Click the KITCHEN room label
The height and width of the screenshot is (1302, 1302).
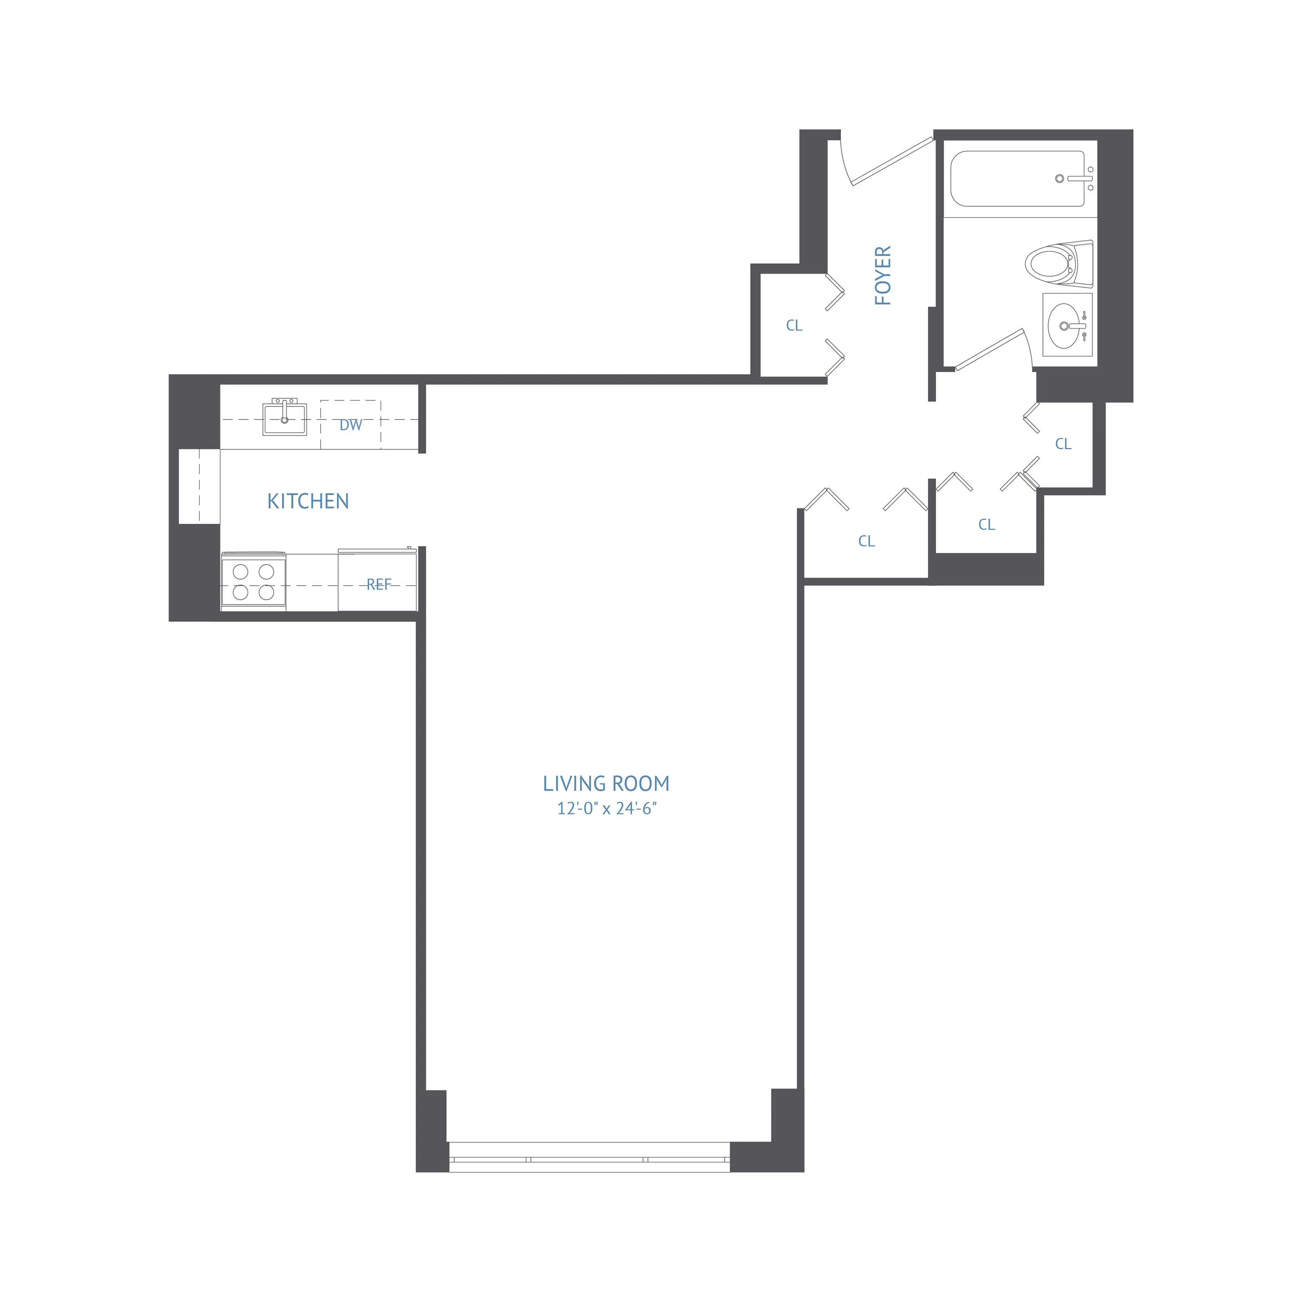[x=308, y=501]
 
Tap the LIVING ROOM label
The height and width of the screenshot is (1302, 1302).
[x=606, y=784]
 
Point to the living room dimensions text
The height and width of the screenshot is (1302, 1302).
[x=606, y=809]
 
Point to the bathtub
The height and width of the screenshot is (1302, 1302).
[x=1018, y=179]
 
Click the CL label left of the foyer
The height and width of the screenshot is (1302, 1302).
[x=794, y=325]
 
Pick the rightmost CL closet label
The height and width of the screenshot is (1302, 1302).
[x=1063, y=444]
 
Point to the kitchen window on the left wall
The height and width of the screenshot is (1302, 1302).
[x=199, y=486]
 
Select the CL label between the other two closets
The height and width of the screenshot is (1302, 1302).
[x=986, y=524]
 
